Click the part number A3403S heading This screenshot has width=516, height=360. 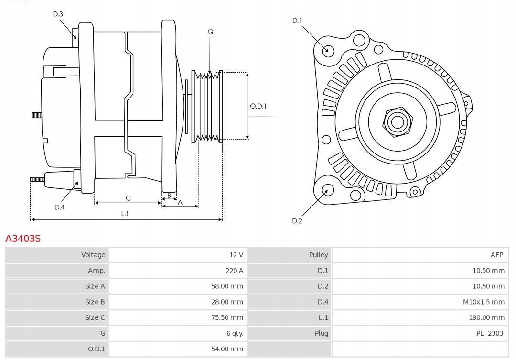[23, 238]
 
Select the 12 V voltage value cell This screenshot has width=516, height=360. [236, 255]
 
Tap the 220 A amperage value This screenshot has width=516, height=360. [234, 271]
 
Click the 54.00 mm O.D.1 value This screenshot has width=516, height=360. [227, 349]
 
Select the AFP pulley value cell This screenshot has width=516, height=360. [496, 255]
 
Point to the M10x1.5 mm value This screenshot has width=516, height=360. [484, 302]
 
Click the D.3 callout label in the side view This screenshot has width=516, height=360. [58, 14]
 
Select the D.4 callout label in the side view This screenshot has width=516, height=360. [59, 207]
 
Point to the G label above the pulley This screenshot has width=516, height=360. [210, 32]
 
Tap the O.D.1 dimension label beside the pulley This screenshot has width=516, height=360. [258, 106]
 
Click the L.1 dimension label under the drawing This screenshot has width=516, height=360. [125, 214]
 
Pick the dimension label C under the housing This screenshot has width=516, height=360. [128, 198]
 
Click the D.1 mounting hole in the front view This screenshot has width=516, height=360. [328, 50]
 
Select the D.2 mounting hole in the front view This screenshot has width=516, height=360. [327, 190]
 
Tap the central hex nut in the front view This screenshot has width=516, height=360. [397, 122]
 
